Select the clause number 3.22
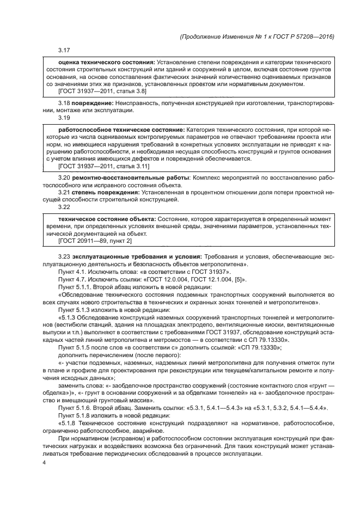point(64,207)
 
